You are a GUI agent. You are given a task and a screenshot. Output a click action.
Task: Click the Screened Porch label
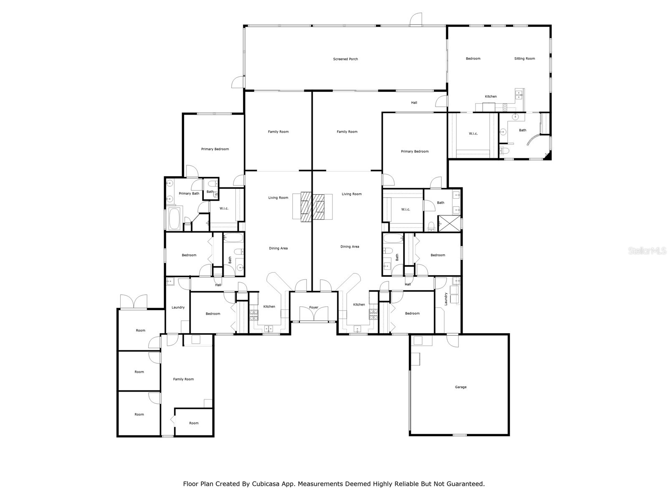345,59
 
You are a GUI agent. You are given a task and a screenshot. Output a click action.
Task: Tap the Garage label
461,387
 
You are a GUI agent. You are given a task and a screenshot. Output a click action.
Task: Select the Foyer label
314,308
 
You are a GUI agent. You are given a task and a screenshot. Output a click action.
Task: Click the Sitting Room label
524,59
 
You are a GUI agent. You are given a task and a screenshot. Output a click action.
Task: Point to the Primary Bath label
189,194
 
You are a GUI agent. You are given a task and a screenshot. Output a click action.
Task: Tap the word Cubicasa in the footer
268,484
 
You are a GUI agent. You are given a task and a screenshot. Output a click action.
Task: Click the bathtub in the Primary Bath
174,218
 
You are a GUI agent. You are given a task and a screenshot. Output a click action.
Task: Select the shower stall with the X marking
449,223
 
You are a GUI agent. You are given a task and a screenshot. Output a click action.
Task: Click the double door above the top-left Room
134,301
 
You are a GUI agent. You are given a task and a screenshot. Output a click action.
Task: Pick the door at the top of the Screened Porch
416,19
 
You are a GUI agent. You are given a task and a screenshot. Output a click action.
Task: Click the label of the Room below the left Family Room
194,423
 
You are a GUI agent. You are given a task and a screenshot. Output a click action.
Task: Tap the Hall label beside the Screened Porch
414,103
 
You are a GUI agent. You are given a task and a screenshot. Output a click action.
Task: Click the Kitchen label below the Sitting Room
491,97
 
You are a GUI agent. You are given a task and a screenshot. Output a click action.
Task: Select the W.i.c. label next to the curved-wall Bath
473,134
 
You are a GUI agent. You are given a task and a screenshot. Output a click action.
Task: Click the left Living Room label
278,198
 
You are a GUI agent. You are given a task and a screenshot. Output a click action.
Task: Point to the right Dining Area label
349,247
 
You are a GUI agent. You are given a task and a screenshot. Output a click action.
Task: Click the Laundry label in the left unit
178,308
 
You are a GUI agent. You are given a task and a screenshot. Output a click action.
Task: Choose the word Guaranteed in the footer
466,484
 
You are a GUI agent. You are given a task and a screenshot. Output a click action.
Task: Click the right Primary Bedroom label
415,152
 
